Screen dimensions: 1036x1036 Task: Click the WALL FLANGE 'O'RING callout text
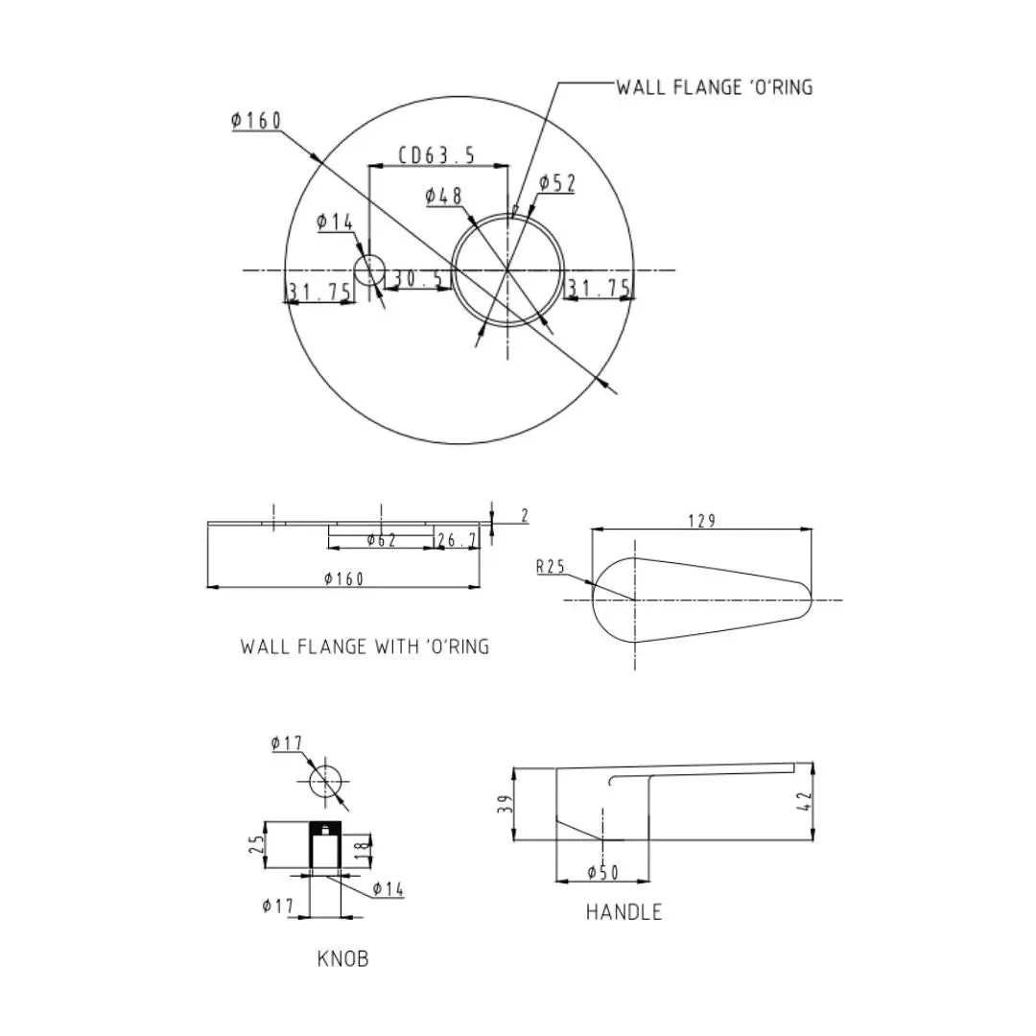click(715, 87)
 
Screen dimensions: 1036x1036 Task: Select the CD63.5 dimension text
click(436, 155)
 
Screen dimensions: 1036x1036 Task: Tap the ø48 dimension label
click(443, 196)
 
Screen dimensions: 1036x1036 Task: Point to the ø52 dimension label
click(557, 183)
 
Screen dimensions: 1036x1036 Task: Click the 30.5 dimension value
click(418, 278)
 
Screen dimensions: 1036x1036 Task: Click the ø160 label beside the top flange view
click(256, 120)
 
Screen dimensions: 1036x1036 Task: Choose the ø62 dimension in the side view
click(382, 540)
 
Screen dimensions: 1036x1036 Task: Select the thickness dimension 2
click(525, 515)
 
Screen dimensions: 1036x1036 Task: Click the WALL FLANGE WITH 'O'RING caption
click(365, 647)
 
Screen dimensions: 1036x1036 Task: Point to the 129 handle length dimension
click(701, 521)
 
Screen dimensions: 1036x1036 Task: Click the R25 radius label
click(551, 566)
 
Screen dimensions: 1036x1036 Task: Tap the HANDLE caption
click(624, 912)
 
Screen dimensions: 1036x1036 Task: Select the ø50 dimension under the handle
click(603, 873)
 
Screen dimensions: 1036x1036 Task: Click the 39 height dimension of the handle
click(506, 804)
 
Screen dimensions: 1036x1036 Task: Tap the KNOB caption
click(342, 958)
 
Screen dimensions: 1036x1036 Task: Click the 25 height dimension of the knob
click(256, 844)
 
